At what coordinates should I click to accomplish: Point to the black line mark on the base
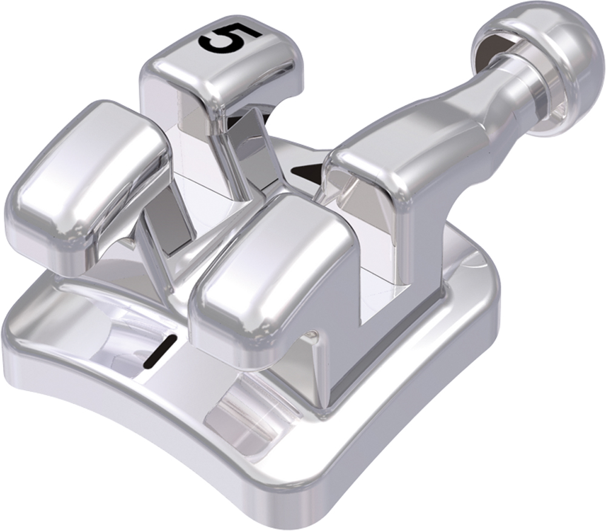point(160,351)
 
